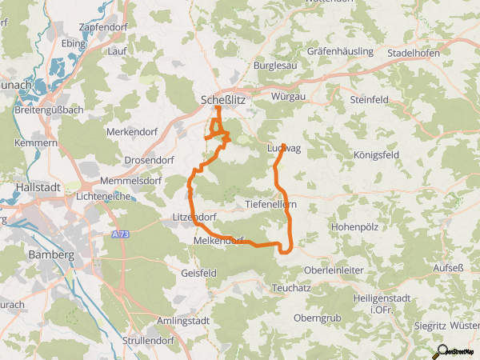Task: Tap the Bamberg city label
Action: coord(50,254)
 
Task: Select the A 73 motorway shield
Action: coord(120,234)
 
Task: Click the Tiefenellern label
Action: coord(271,204)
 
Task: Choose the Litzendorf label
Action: coord(194,217)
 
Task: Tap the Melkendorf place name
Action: coord(218,240)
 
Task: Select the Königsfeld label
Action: coord(374,156)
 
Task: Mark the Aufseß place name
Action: coord(448,268)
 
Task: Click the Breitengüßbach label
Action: coord(49,110)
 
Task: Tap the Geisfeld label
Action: coord(198,273)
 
